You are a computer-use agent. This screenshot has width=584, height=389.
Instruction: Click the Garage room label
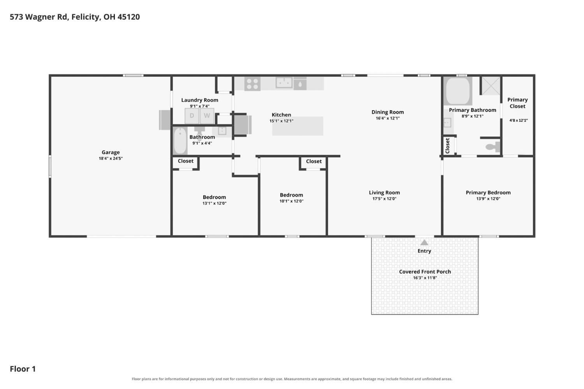click(111, 152)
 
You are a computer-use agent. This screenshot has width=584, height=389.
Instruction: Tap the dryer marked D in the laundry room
click(192, 116)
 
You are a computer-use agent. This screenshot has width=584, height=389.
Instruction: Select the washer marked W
click(207, 116)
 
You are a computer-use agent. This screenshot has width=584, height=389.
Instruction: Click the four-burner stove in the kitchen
click(252, 84)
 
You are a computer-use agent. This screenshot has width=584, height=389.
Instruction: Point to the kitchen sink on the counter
click(284, 83)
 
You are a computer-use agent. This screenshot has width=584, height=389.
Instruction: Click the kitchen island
click(298, 126)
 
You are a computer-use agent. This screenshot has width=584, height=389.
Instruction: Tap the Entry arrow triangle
click(424, 243)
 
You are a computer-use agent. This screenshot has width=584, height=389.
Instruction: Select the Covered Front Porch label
click(425, 272)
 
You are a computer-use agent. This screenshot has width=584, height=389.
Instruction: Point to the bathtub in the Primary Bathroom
click(457, 91)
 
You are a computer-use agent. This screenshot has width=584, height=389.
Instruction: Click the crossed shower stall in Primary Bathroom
click(491, 86)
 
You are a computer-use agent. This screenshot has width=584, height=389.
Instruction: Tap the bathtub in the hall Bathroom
click(180, 141)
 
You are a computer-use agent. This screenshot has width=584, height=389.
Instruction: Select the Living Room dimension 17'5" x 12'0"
click(384, 199)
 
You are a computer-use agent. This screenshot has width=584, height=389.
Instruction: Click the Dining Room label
click(388, 112)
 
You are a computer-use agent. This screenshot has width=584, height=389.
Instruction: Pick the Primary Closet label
click(517, 103)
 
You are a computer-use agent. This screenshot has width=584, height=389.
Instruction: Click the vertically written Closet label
click(448, 146)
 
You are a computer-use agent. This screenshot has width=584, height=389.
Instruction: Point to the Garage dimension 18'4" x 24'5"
click(111, 158)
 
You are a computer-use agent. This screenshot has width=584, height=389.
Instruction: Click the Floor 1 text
click(23, 369)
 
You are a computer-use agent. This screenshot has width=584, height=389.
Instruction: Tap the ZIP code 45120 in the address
click(128, 17)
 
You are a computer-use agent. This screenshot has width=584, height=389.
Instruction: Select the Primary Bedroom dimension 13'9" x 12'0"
click(488, 199)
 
